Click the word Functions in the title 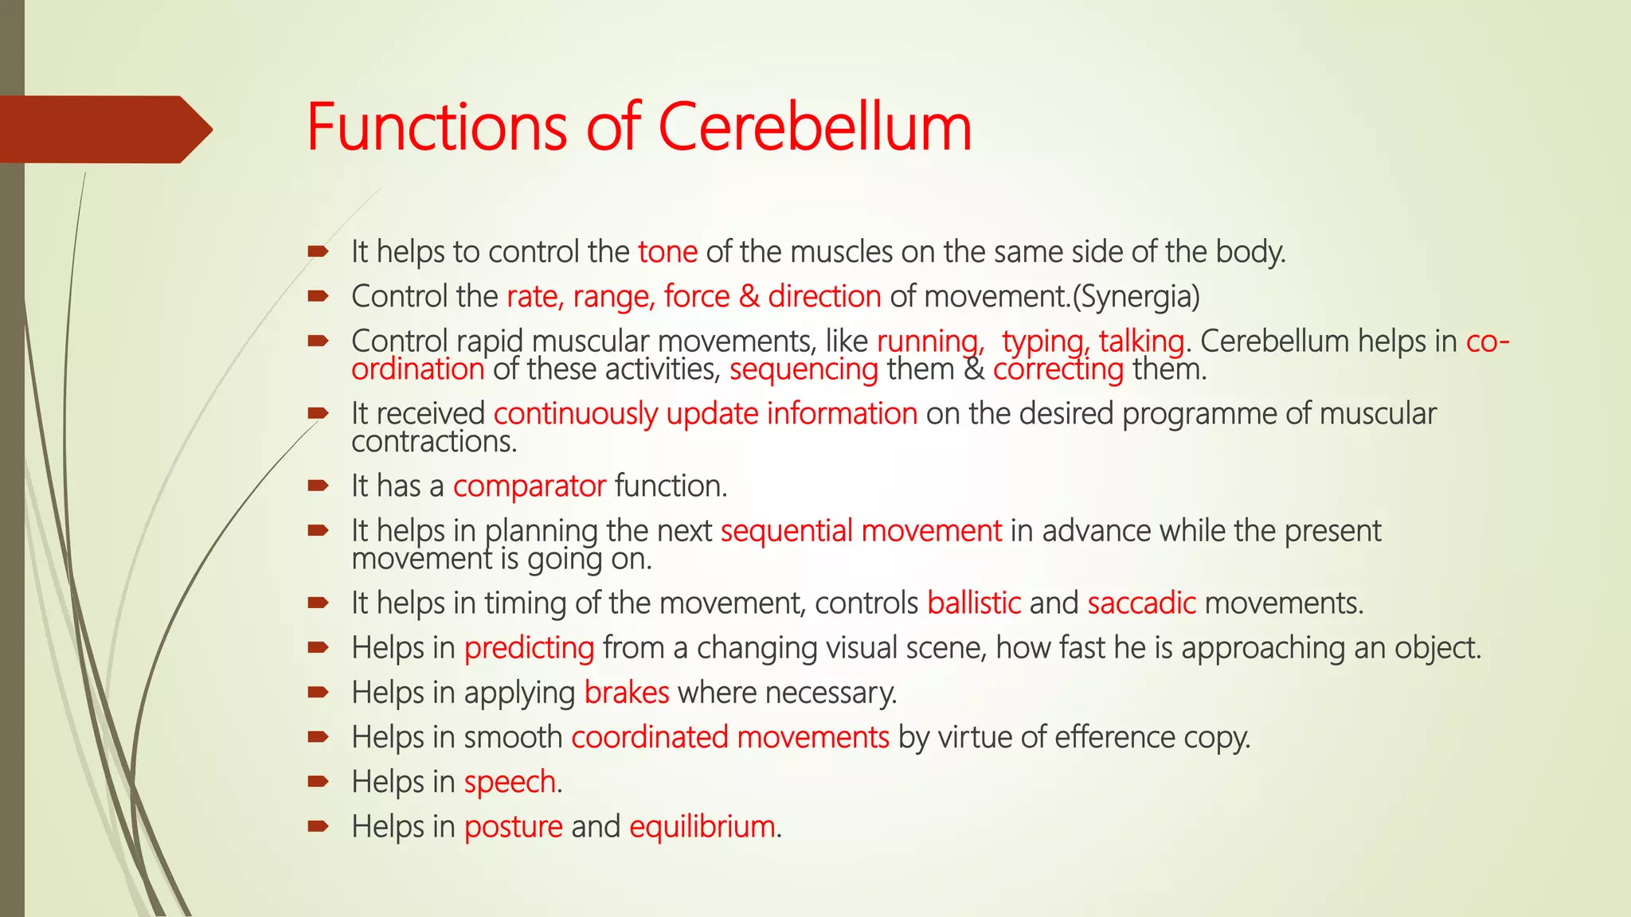(436, 127)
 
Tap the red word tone (667, 252)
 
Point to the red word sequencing (804, 369)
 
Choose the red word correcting (1058, 369)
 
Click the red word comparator (530, 486)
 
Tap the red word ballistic (974, 603)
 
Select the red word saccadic (1141, 603)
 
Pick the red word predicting (529, 648)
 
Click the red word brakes (627, 693)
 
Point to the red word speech (510, 782)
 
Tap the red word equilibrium (702, 826)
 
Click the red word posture (513, 826)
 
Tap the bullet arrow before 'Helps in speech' (319, 781)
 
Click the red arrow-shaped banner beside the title (104, 129)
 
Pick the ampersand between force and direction (749, 297)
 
